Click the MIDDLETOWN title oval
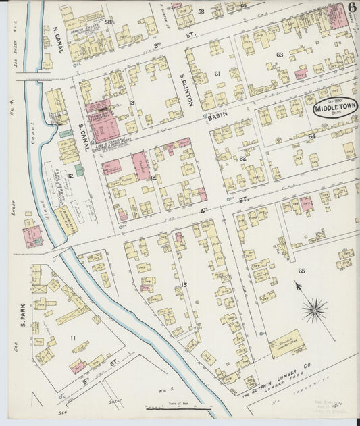[x=335, y=107]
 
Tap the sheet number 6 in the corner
[x=352, y=8]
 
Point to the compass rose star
[x=314, y=310]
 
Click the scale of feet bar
[x=179, y=408]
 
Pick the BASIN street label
[x=218, y=117]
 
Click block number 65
[x=301, y=271]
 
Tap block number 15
[x=183, y=285]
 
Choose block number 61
[x=217, y=74]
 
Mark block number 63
[x=279, y=55]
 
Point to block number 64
[x=311, y=136]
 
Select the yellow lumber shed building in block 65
[x=287, y=344]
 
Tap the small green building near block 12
[x=80, y=169]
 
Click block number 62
[x=242, y=159]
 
